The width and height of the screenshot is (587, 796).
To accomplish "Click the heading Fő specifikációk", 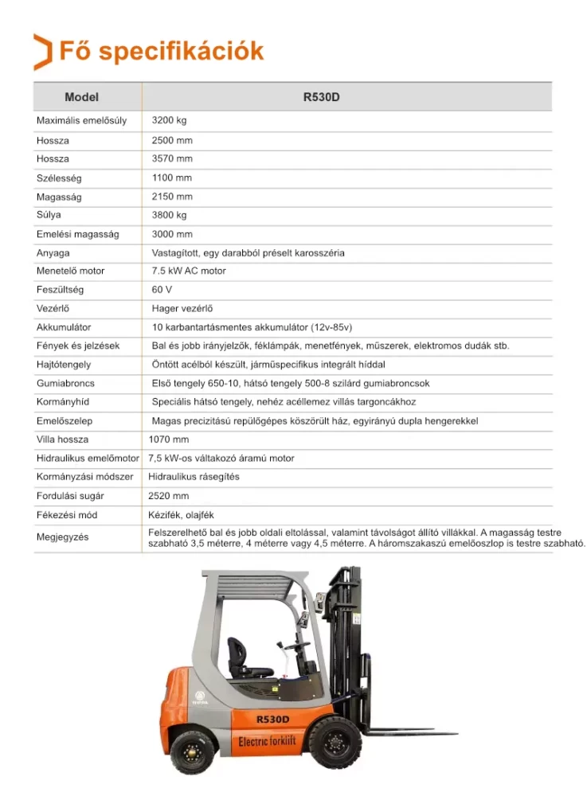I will click(x=162, y=51).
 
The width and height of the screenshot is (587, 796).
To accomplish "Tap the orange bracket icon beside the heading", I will click(x=42, y=52).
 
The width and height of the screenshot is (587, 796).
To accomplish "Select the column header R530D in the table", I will click(x=321, y=97).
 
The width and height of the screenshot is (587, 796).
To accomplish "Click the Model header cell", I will click(x=81, y=97).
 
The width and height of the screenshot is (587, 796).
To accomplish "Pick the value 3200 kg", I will click(x=169, y=120).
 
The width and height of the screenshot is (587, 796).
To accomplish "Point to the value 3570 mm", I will click(x=172, y=158).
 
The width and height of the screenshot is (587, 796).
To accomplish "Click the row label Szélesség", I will click(x=59, y=178).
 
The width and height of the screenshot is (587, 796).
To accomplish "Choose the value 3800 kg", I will click(x=169, y=215).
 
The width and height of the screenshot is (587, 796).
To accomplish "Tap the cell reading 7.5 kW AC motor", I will click(x=189, y=271).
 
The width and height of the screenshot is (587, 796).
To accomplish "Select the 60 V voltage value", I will click(x=162, y=290).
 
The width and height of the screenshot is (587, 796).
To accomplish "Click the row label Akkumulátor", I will click(x=64, y=327).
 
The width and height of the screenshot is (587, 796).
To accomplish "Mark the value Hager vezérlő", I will click(x=182, y=308).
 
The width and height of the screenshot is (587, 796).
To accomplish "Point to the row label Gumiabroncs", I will click(x=65, y=383).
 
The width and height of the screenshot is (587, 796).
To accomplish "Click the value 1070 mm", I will click(x=169, y=439).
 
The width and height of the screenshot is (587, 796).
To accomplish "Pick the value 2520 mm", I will click(x=169, y=496).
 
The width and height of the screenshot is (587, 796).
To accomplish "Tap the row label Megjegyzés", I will click(x=62, y=537).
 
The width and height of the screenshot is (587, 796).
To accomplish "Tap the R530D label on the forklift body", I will click(x=272, y=719).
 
